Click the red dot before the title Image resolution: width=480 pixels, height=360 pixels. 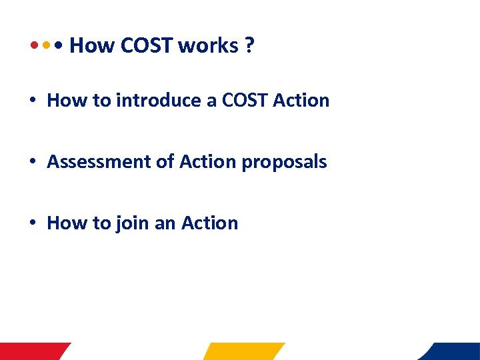(x=33, y=47)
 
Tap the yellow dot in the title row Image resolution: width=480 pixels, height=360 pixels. (x=46, y=47)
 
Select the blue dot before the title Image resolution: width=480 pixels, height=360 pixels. (x=59, y=47)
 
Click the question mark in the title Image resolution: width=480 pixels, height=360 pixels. (x=249, y=46)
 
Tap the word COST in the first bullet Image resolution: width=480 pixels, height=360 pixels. (x=244, y=101)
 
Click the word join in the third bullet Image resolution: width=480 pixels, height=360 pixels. (x=132, y=223)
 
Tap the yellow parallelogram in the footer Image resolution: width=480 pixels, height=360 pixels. (x=244, y=351)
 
